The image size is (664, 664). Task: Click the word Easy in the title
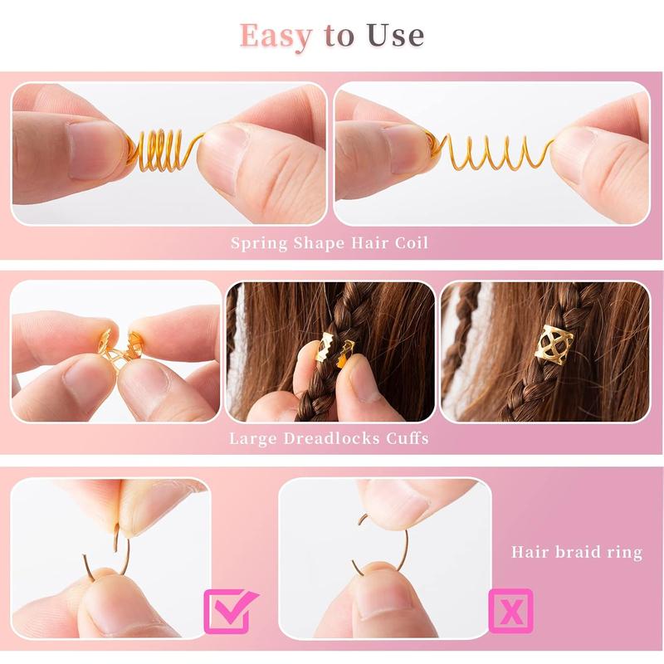[x=277, y=35]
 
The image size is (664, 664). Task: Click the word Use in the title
[x=392, y=35]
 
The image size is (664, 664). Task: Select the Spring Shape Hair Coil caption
[x=330, y=243]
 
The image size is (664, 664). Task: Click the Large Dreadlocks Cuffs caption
[x=330, y=437]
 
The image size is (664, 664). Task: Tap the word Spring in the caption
[x=259, y=243]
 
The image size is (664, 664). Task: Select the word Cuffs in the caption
[x=407, y=437]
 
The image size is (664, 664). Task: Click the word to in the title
[x=337, y=37]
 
